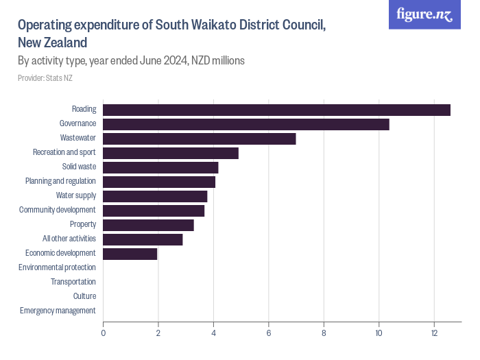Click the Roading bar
(276, 110)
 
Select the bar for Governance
(246, 124)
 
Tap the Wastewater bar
(200, 139)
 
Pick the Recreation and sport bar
(171, 153)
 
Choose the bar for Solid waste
(160, 167)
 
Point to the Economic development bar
(130, 254)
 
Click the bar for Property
(148, 225)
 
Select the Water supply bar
(155, 196)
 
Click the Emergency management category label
(58, 311)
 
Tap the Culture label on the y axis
(84, 296)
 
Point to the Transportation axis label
(73, 282)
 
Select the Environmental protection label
(57, 267)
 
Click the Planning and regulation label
(60, 182)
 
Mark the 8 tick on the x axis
(324, 333)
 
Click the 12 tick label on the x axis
(433, 333)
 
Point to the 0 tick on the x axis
(104, 333)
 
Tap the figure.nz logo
(425, 14)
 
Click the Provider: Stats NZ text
(45, 78)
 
